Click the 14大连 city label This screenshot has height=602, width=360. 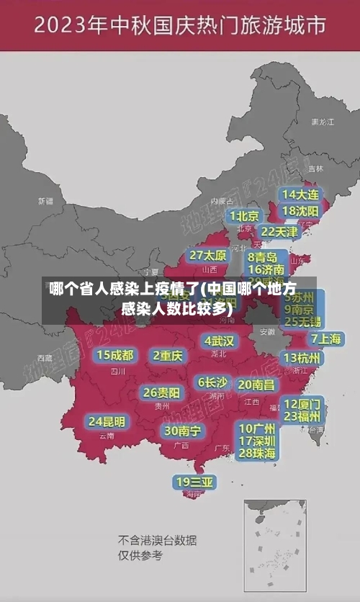click(x=300, y=194)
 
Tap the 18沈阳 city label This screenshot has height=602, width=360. click(x=300, y=211)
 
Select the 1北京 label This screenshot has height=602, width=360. click(x=245, y=216)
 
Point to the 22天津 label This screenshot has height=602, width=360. click(x=279, y=232)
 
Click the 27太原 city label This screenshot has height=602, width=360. click(x=208, y=256)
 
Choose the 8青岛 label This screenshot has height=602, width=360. click(x=263, y=257)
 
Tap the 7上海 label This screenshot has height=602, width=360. click(x=326, y=338)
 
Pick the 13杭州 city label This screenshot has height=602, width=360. click(x=303, y=358)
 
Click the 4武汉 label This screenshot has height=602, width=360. click(x=220, y=341)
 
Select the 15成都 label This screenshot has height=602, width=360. click(x=115, y=355)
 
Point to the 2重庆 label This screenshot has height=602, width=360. click(x=168, y=356)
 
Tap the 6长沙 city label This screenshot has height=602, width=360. click(x=213, y=382)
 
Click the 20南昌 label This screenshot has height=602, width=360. click(x=256, y=385)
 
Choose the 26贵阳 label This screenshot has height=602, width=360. click(x=161, y=392)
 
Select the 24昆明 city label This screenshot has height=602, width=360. click(x=107, y=421)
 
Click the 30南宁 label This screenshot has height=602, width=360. click(x=182, y=431)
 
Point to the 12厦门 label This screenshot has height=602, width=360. click(x=302, y=404)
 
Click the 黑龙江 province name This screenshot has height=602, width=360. click(x=323, y=122)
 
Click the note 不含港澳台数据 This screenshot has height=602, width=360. click(x=158, y=540)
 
